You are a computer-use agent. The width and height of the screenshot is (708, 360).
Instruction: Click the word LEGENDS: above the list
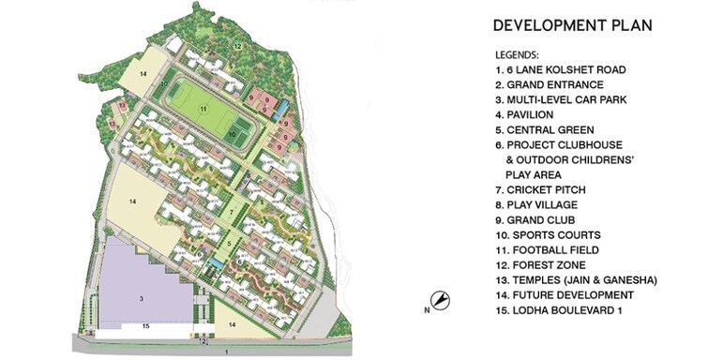519,54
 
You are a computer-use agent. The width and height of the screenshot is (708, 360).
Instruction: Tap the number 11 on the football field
202,110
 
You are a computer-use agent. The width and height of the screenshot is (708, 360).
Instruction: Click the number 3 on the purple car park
141,297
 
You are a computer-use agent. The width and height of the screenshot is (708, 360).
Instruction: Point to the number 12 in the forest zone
237,45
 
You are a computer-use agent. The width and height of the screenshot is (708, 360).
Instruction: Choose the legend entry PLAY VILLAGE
543,204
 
